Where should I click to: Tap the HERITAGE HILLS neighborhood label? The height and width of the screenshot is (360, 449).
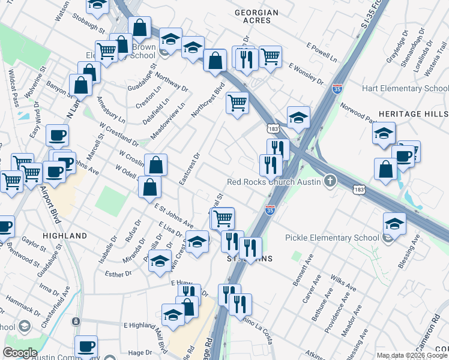point(413,114)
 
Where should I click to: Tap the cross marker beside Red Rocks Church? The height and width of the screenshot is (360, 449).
point(329,181)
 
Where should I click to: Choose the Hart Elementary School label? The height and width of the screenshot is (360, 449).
point(405,89)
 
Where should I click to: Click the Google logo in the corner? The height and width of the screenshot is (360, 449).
point(20,352)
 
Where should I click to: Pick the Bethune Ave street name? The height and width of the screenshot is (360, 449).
point(319,304)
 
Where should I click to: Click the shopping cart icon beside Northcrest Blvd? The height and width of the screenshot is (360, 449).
point(237,103)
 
